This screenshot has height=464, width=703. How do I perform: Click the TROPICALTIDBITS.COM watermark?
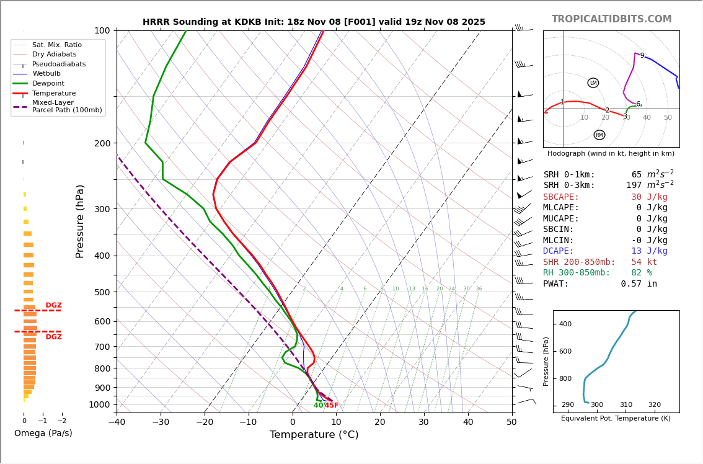tap(611, 19)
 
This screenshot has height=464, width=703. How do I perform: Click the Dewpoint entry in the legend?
tap(48, 84)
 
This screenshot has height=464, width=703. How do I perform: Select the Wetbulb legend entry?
tap(46, 74)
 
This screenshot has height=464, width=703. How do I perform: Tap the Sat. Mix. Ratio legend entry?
tap(57, 45)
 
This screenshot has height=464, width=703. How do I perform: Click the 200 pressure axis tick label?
tap(102, 143)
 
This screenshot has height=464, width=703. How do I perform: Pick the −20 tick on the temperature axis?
tap(205, 422)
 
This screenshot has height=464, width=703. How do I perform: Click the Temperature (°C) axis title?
tap(314, 435)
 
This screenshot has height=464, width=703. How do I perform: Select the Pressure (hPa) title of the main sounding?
tap(80, 221)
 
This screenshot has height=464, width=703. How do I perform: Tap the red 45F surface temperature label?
tap(332, 406)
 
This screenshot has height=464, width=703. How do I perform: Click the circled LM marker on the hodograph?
tap(593, 83)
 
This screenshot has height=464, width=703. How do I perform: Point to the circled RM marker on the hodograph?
tap(599, 135)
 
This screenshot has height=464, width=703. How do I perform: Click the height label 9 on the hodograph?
tap(642, 56)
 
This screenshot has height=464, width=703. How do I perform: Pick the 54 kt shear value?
tap(644, 262)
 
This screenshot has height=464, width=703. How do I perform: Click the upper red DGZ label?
tap(54, 305)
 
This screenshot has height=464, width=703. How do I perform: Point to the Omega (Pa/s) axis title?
tap(43, 434)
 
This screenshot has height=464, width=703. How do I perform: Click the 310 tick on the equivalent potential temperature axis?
tap(626, 405)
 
